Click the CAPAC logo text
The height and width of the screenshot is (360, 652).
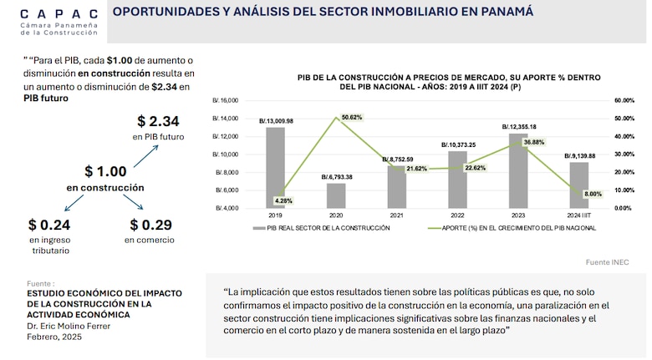(x=58, y=13)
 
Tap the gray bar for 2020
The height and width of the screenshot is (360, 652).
(x=335, y=195)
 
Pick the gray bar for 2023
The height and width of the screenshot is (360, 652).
(x=518, y=170)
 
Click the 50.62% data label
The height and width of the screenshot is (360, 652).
(x=352, y=118)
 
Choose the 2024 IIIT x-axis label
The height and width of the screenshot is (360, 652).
(x=578, y=215)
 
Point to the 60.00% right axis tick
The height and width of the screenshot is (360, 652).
(x=626, y=100)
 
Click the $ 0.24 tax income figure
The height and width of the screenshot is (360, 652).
(x=48, y=225)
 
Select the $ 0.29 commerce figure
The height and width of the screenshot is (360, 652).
(x=150, y=225)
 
